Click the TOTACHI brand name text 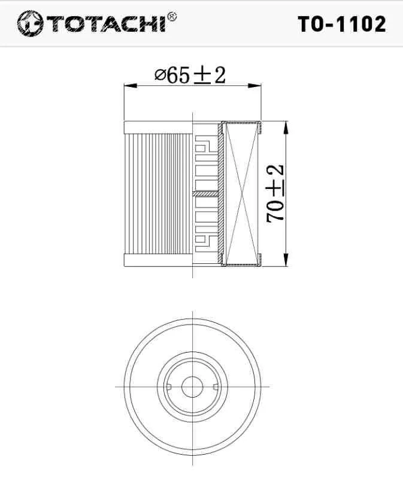(107, 24)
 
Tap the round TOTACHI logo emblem (30, 23)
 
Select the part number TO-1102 (342, 24)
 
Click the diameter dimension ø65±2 (190, 76)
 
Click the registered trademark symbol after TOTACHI (172, 16)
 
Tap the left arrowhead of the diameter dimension (130, 86)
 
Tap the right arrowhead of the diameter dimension (254, 86)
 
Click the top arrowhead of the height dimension (286, 127)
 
